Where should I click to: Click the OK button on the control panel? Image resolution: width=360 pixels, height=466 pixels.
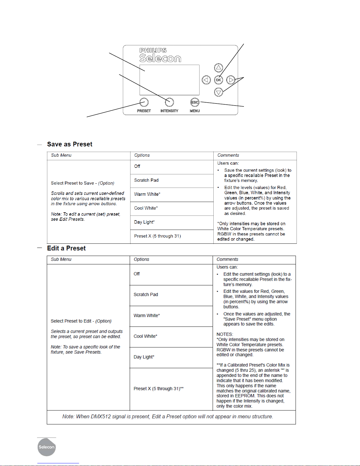[x=218, y=80]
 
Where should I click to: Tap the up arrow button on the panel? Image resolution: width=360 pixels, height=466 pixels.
[x=218, y=68]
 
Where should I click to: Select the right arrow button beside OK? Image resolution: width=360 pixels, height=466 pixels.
[x=231, y=80]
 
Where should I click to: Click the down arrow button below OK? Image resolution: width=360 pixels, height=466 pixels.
[x=218, y=92]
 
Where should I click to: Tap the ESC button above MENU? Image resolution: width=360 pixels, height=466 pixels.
[x=195, y=102]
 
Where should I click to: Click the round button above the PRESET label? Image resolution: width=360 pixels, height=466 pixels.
[x=144, y=102]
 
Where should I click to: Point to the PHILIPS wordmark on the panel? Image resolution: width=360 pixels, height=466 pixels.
[x=153, y=50]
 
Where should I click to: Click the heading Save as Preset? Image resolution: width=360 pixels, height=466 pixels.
[x=70, y=144]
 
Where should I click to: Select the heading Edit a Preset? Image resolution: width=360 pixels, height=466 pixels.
[x=66, y=248]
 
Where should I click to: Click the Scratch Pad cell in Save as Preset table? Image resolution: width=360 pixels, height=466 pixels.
[x=146, y=180]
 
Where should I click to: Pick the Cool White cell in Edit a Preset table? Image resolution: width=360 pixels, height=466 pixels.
[x=145, y=336]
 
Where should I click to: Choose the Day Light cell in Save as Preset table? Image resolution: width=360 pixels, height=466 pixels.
[x=144, y=222]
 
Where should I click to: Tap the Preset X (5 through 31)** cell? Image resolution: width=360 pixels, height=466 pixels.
[x=158, y=389]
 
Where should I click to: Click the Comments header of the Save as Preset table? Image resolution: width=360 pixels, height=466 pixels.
[x=228, y=155]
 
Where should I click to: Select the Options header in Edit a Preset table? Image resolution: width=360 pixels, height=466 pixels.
[x=141, y=259]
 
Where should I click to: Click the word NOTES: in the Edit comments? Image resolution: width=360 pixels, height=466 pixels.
[x=225, y=334]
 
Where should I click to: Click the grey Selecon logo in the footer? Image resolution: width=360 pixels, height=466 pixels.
[x=46, y=447]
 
